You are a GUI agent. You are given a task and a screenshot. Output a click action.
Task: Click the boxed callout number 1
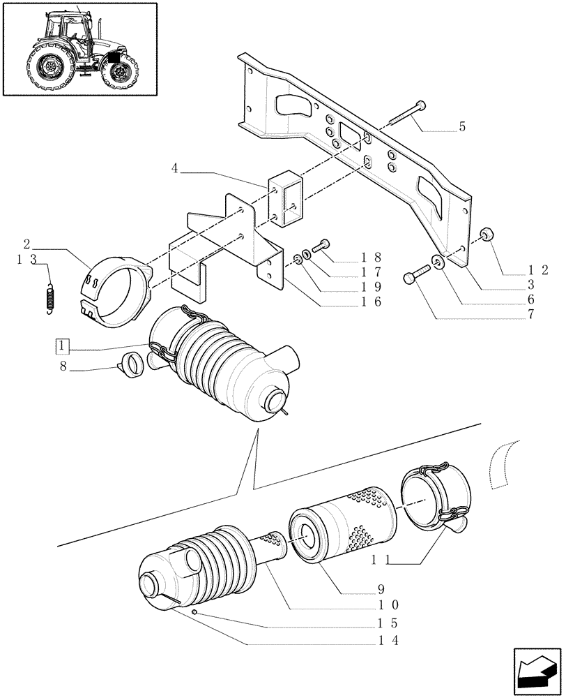[x=62, y=346]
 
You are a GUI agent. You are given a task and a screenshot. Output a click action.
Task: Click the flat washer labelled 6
[x=439, y=263]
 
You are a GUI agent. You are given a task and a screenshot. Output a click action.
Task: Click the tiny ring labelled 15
[x=197, y=612]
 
